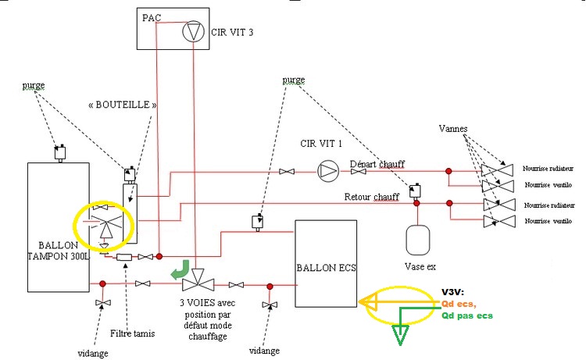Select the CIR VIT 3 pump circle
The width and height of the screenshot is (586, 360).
[192, 33]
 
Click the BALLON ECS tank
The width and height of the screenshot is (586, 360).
[326, 264]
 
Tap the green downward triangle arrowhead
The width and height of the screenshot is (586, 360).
[402, 333]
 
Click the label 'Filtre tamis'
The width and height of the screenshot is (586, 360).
[133, 333]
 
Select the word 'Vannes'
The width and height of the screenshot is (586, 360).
[455, 128]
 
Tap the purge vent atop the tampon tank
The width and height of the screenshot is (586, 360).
[58, 153]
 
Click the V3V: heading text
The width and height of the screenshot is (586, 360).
[453, 290]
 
